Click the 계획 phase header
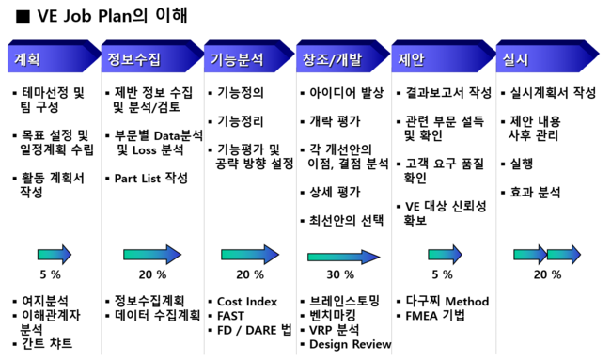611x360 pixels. tap(28, 59)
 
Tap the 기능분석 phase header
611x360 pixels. tap(236, 59)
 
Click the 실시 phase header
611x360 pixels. tap(516, 59)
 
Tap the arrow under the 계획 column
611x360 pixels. tap(54, 254)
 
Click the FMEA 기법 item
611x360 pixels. tap(435, 316)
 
